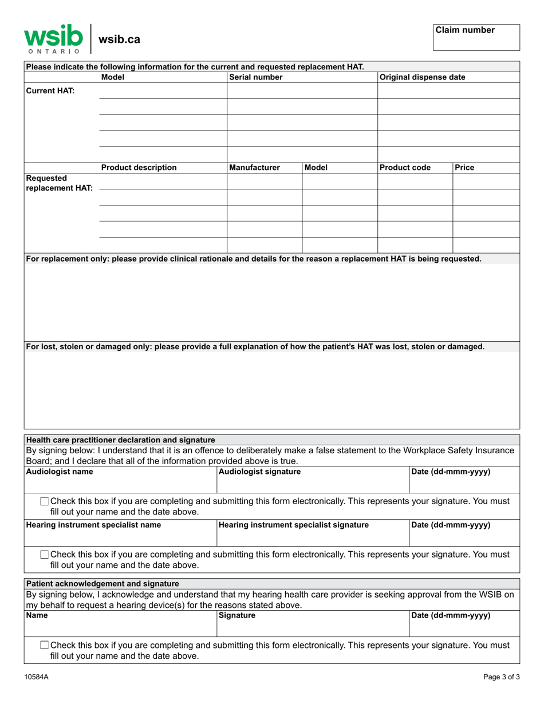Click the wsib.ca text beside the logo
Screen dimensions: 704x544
coord(120,39)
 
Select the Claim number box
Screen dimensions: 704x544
coord(476,38)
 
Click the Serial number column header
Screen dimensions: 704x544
coord(255,77)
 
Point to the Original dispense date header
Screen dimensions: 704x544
coord(423,77)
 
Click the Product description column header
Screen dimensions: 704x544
coord(139,168)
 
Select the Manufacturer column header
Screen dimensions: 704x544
coord(254,168)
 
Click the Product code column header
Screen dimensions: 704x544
coord(405,168)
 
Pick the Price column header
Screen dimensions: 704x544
coord(464,168)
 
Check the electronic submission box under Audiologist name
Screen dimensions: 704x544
coord(45,501)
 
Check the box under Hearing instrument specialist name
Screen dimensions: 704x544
coord(45,555)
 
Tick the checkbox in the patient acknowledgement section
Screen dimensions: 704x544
coord(45,646)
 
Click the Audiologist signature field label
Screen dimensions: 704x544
coord(259,472)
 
